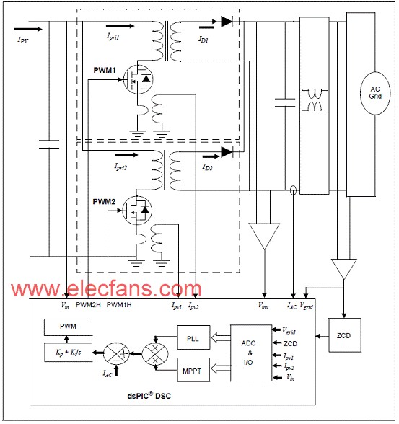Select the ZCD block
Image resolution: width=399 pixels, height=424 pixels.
point(345,335)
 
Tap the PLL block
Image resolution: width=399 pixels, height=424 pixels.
point(193,338)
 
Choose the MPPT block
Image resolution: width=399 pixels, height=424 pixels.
point(193,370)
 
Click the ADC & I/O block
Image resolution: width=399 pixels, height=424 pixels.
point(251,353)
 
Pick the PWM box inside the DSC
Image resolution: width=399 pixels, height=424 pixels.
point(68,327)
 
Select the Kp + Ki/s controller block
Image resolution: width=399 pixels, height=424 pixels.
point(68,352)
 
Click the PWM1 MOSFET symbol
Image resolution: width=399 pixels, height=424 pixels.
point(138,79)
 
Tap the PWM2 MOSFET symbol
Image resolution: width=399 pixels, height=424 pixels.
point(137,210)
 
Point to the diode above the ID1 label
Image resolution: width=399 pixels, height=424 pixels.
point(227,22)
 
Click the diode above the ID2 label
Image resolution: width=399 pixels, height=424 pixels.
point(227,152)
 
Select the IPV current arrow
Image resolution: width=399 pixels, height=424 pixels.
point(28,29)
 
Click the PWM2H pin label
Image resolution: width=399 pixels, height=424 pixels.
point(88,305)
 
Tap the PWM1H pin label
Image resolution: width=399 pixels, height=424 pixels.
point(119,305)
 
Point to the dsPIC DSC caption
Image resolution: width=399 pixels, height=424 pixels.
point(149,396)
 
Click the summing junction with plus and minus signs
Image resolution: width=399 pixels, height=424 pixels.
point(116,353)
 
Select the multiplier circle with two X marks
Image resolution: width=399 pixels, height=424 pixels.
point(155,354)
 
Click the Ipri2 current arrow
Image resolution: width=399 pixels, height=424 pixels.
point(126,155)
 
